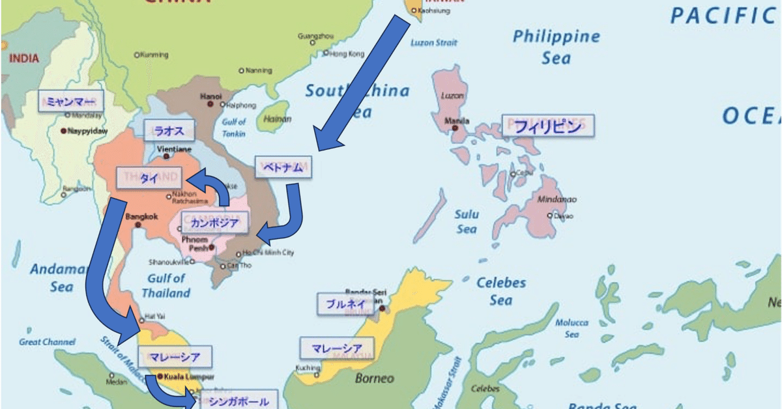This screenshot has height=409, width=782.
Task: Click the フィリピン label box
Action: click(x=547, y=126)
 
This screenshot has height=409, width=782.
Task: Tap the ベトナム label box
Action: click(x=283, y=167)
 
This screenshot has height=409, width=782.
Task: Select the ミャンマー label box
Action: click(x=71, y=102)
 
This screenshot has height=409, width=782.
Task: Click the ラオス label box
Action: click(x=168, y=130)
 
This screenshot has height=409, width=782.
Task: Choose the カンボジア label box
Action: click(x=214, y=224)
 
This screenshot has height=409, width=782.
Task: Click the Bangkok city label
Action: click(x=141, y=216)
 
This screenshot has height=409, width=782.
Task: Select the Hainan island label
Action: click(x=278, y=119)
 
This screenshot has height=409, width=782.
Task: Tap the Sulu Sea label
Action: click(x=467, y=221)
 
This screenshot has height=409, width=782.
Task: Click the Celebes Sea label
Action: click(x=501, y=291)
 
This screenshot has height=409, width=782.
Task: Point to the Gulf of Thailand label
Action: click(x=166, y=286)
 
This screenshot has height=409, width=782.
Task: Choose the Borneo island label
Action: click(x=374, y=378)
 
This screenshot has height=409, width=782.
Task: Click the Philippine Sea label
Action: click(x=556, y=46)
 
